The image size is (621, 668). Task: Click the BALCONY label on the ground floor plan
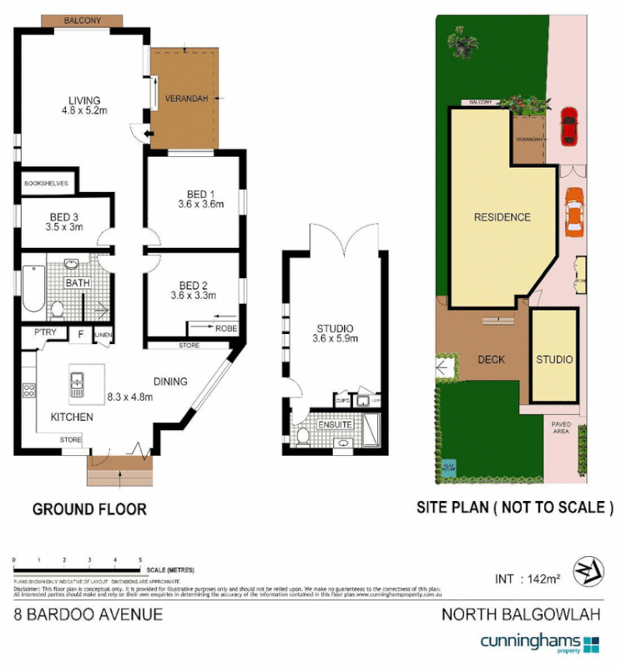pyautogui.click(x=83, y=20)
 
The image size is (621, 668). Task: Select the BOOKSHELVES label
pyautogui.click(x=46, y=182)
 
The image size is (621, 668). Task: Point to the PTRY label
pyautogui.click(x=45, y=333)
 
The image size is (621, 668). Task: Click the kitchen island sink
pyautogui.click(x=76, y=383)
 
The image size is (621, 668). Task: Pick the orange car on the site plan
pyautogui.click(x=574, y=213)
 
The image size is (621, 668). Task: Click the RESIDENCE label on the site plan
pyautogui.click(x=502, y=218)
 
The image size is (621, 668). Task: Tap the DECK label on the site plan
pyautogui.click(x=492, y=360)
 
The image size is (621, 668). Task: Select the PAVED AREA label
pyautogui.click(x=561, y=428)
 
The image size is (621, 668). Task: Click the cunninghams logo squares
pyautogui.click(x=591, y=643)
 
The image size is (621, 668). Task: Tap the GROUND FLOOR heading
pyautogui.click(x=89, y=509)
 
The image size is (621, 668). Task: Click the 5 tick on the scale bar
pyautogui.click(x=140, y=560)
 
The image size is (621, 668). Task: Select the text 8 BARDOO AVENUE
pyautogui.click(x=88, y=616)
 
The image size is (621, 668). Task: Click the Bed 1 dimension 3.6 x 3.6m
pyautogui.click(x=201, y=204)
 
